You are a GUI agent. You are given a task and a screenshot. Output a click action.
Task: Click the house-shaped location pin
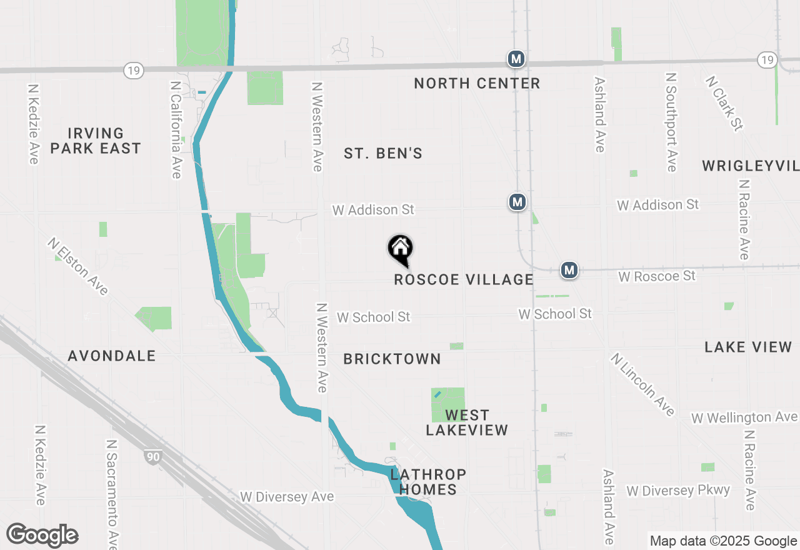401,250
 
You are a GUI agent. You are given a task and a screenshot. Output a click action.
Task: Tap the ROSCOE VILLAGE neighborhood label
464,279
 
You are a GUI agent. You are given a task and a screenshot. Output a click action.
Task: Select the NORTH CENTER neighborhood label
477,83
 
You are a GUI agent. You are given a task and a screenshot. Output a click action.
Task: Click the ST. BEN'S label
383,153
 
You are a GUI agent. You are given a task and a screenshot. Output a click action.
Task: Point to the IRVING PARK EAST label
96,141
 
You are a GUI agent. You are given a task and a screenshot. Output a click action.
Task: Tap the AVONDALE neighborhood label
112,356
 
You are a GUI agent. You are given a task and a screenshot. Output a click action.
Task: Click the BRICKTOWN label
392,359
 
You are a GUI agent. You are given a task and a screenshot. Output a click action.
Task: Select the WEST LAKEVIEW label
467,422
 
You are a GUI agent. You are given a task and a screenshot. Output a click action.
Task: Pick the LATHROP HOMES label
427,482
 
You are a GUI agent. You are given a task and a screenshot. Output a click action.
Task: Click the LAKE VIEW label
748,347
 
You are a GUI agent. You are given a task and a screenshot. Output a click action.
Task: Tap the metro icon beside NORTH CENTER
516,59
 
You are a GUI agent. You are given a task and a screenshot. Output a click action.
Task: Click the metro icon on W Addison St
517,202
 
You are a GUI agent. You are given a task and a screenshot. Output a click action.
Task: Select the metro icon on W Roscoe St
569,270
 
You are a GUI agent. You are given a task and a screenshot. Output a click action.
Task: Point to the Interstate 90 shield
152,456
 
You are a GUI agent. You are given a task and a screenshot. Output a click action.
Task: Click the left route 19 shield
132,70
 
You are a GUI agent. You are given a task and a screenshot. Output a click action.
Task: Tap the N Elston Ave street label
78,266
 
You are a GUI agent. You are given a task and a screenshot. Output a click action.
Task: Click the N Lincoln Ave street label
643,384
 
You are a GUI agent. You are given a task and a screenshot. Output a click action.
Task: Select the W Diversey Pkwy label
678,490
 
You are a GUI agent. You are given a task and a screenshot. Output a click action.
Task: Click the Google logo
42,536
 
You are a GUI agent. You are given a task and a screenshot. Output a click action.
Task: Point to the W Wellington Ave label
744,417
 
